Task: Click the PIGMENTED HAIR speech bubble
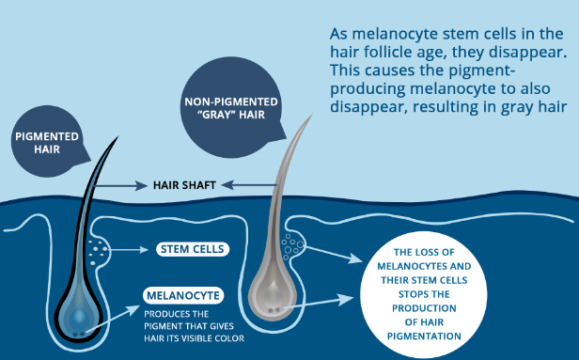tap(47, 142)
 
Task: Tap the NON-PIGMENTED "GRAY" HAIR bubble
tap(231, 107)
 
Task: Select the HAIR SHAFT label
tap(184, 185)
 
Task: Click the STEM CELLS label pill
tap(193, 249)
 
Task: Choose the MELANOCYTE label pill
tap(183, 295)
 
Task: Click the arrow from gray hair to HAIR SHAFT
tap(249, 185)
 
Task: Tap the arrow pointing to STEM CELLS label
tap(128, 250)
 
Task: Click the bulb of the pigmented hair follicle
tap(78, 316)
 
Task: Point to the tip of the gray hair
tap(312, 115)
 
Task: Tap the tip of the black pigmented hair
tap(118, 136)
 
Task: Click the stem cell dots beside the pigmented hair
tap(98, 252)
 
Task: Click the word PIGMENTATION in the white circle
tap(424, 337)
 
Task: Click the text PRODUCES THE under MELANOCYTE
tap(176, 314)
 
